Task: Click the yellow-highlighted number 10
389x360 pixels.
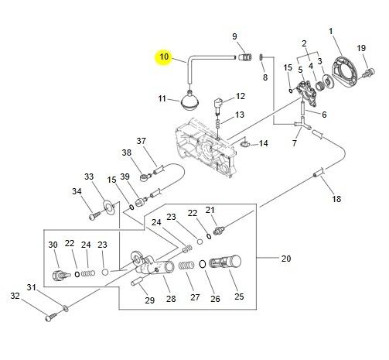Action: coord(164,57)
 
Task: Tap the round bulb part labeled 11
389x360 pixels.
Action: coord(189,101)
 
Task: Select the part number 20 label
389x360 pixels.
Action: coord(286,259)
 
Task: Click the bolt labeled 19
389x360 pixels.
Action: coord(368,73)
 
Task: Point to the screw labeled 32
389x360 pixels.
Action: coord(52,317)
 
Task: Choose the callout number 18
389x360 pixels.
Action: coord(336,199)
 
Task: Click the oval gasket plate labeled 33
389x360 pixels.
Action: coord(109,207)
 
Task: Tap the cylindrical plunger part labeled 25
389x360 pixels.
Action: coord(226,262)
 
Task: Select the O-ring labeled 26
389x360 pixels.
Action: coord(202,264)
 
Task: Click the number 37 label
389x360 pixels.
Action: coord(141,141)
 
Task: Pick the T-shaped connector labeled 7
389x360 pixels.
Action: coord(302,124)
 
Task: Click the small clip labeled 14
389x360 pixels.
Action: coord(245,143)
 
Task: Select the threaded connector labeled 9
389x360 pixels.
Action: coord(244,57)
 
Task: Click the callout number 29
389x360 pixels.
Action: coord(149,300)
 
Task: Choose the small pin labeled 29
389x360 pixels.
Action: coord(137,281)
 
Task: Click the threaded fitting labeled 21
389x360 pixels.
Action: coord(220,230)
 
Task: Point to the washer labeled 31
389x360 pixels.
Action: coord(66,307)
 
